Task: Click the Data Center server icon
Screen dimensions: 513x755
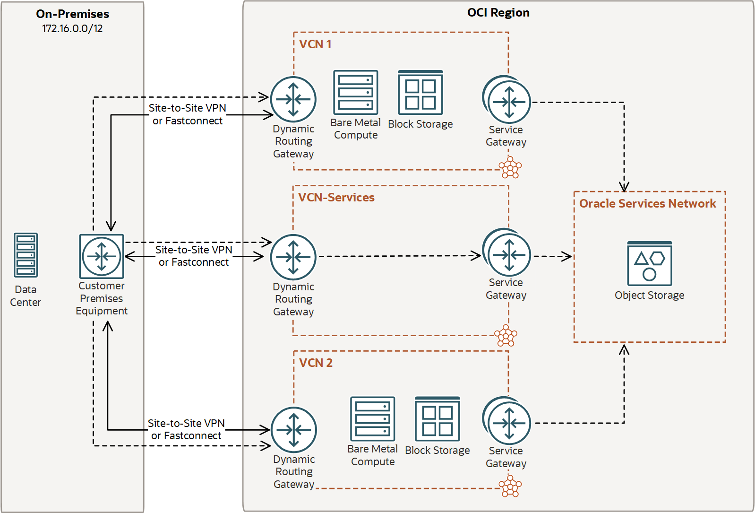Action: coord(26,255)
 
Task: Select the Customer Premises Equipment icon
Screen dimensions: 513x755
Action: coord(102,256)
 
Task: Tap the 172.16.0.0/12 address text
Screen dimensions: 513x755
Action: coord(72,28)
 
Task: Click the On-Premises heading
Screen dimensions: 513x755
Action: coord(72,14)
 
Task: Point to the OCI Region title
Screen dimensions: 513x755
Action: coord(498,12)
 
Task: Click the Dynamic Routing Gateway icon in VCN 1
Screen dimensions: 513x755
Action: coord(293,99)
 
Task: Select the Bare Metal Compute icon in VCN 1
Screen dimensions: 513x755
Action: coord(356,92)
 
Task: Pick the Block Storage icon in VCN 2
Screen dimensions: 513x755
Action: coord(437,419)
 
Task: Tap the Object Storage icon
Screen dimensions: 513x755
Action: coord(649,263)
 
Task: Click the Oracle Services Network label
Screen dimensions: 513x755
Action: coord(647,203)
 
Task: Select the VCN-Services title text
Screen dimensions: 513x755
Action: coord(336,197)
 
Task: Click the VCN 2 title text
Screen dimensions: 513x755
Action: coord(316,363)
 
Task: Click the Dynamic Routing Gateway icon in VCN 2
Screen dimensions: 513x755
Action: coord(294,430)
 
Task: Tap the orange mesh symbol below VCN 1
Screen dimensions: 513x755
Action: coord(510,167)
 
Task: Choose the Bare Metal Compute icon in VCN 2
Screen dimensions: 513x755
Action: coord(372,419)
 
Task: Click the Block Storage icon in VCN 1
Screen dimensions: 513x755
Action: coord(420,92)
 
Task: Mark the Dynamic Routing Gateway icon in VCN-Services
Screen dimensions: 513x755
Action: coord(293,257)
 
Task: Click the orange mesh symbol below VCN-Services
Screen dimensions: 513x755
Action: coord(506,336)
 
